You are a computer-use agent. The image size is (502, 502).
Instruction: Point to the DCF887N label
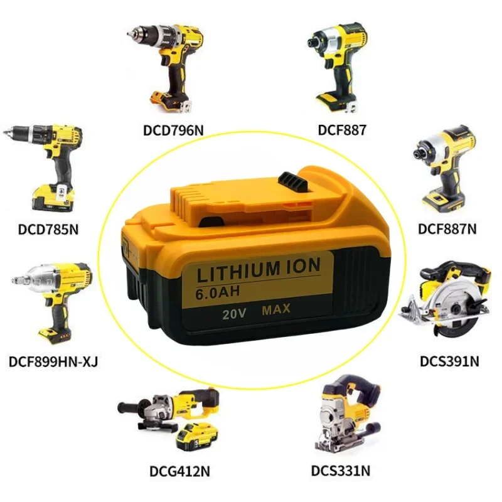coord(447,229)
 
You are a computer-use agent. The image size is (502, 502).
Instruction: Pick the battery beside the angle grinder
coord(197,436)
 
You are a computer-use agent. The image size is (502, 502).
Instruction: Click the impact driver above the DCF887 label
coord(339,63)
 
